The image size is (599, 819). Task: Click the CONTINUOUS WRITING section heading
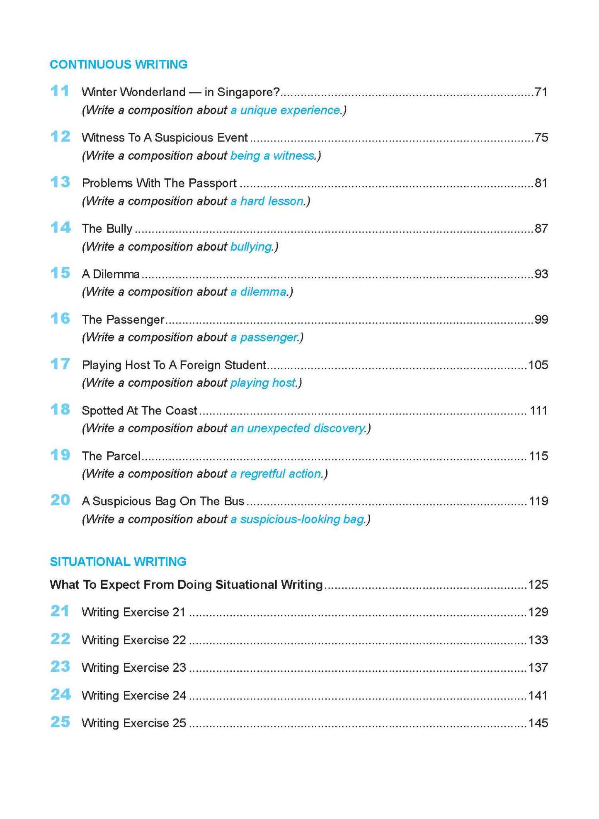pyautogui.click(x=119, y=64)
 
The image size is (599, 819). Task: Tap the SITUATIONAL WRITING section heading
pyautogui.click(x=118, y=561)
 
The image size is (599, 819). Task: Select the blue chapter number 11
pyautogui.click(x=59, y=91)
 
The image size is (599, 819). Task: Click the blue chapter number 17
pyautogui.click(x=60, y=364)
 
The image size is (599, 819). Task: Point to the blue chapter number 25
pyautogui.click(x=60, y=722)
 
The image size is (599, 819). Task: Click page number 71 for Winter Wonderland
pyautogui.click(x=541, y=92)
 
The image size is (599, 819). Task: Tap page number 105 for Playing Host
pyautogui.click(x=538, y=365)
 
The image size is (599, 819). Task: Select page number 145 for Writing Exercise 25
pyautogui.click(x=538, y=723)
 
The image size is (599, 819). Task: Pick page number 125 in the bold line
pyautogui.click(x=538, y=584)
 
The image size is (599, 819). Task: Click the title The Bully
pyautogui.click(x=107, y=229)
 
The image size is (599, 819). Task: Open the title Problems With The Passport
pyautogui.click(x=159, y=183)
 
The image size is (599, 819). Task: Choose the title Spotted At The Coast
pyautogui.click(x=139, y=410)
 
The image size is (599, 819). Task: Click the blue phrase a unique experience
pyautogui.click(x=286, y=110)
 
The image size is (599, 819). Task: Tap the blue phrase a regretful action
pyautogui.click(x=276, y=473)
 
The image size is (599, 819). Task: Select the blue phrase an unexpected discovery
pyautogui.click(x=298, y=428)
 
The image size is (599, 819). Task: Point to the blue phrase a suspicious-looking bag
pyautogui.click(x=297, y=519)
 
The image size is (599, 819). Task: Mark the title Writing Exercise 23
pyautogui.click(x=133, y=668)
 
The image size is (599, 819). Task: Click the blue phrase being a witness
pyautogui.click(x=272, y=156)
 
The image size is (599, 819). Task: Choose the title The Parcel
pyautogui.click(x=111, y=456)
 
